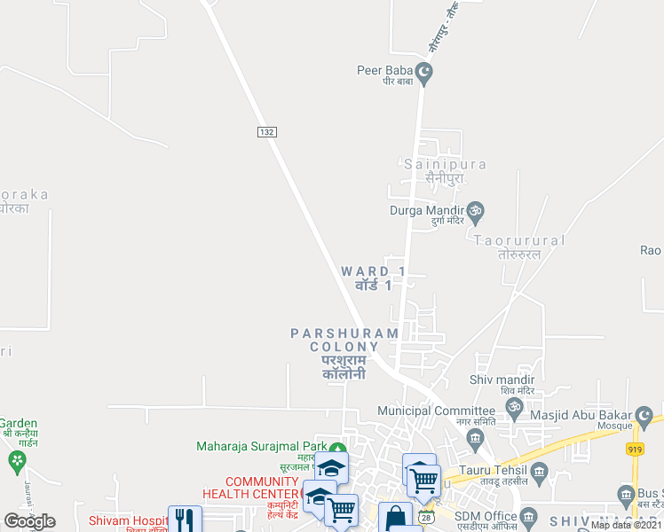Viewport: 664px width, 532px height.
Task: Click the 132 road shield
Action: tap(266, 131)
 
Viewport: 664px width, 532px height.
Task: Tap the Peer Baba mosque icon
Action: tap(424, 71)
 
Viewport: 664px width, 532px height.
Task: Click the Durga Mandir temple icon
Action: tap(476, 211)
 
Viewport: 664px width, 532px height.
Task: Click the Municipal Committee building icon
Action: tap(476, 436)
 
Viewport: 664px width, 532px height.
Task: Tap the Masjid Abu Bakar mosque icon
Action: tap(644, 415)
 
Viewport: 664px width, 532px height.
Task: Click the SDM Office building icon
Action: tap(529, 516)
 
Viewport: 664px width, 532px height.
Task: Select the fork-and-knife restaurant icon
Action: tap(184, 520)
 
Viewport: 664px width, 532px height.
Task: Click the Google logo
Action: tap(29, 521)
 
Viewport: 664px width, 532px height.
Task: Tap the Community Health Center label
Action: tap(250, 487)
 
